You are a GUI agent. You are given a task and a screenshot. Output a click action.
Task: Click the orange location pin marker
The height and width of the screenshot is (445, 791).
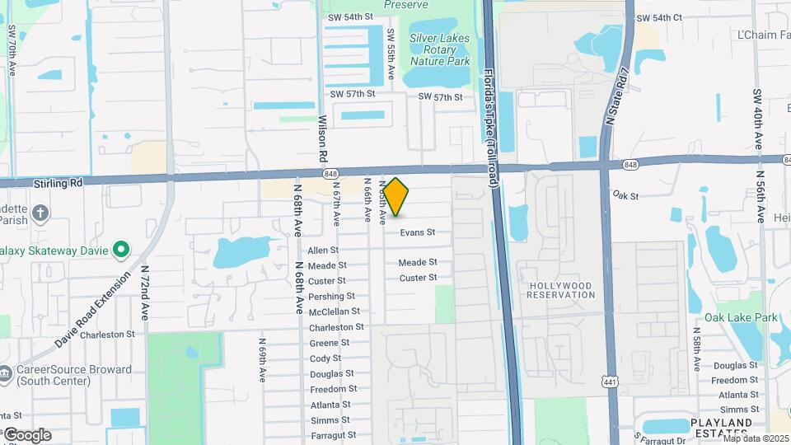396,197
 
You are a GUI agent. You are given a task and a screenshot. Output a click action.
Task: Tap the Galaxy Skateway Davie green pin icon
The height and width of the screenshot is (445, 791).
121,248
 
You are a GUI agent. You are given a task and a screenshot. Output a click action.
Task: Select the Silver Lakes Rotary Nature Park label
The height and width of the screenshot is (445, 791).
439,49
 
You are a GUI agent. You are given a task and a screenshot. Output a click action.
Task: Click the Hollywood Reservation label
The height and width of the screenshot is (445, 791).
560,290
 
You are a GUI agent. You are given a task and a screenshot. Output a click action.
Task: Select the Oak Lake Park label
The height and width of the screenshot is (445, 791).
741,317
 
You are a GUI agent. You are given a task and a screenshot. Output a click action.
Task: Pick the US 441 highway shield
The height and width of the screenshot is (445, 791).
610,382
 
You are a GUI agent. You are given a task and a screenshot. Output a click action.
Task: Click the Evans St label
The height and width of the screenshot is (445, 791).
418,233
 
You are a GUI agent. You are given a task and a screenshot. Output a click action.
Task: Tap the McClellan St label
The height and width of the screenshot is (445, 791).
334,311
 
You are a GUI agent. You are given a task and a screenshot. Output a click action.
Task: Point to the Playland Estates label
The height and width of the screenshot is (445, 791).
721,428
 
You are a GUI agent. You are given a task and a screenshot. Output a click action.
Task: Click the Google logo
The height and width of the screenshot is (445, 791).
26,435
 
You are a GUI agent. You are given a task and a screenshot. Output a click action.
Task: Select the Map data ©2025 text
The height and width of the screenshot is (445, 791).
756,438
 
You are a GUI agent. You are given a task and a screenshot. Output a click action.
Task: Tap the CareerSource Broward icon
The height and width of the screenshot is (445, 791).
7,370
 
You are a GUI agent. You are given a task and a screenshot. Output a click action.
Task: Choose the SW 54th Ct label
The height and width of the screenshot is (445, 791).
659,17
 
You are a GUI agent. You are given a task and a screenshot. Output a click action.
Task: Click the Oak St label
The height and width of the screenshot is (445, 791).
626,195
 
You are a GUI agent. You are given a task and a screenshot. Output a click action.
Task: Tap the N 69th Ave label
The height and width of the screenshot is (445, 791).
262,360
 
